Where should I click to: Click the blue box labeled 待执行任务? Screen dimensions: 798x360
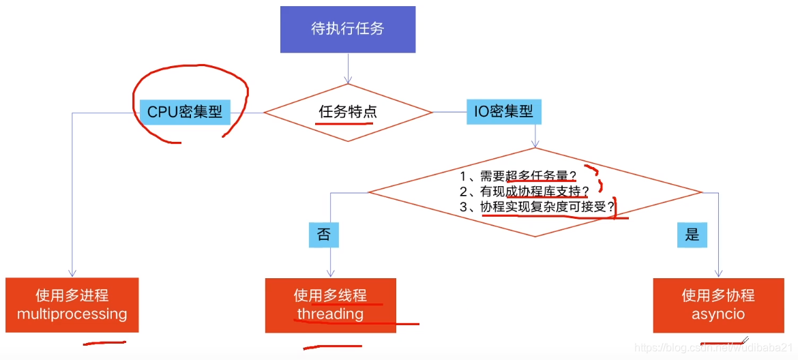[x=348, y=29]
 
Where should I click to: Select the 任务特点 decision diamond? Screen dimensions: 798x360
[x=348, y=112]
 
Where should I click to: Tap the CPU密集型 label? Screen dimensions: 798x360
[x=185, y=112]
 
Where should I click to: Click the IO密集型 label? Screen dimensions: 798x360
[x=504, y=110]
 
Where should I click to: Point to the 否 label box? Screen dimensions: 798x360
[x=323, y=235]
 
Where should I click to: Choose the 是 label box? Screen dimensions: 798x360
[x=692, y=235]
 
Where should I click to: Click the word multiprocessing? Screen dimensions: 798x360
[x=72, y=314]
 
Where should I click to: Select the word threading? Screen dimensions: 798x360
[x=330, y=314]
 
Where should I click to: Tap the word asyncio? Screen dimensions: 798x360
[x=718, y=314]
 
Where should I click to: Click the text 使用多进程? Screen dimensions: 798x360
[x=72, y=296]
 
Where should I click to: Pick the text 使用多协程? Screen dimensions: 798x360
[x=718, y=296]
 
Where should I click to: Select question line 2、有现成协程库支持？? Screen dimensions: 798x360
[x=524, y=192]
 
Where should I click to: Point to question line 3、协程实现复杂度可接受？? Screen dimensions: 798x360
[x=537, y=207]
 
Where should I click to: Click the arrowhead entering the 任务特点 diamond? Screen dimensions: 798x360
[x=348, y=80]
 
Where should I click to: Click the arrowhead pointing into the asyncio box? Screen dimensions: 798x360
[x=719, y=273]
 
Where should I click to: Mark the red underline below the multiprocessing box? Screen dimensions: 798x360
[x=104, y=343]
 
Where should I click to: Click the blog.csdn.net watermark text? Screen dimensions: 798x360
[x=713, y=348]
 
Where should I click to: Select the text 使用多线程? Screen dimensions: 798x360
[x=330, y=296]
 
